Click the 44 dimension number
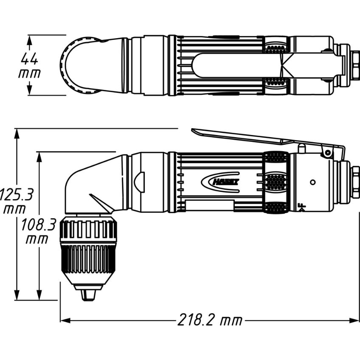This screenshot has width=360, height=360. pyautogui.click(x=29, y=59)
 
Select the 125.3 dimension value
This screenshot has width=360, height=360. pyautogui.click(x=16, y=194)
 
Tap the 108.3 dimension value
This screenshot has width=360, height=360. pyautogui.click(x=39, y=225)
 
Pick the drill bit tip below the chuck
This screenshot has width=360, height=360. pyautogui.click(x=89, y=295)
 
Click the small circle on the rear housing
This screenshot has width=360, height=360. pyautogui.click(x=312, y=182)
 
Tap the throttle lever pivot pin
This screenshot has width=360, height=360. pyautogui.click(x=329, y=153)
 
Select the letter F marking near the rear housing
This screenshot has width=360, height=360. pyautogui.click(x=303, y=207)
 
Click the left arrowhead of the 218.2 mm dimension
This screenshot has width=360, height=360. pyautogui.click(x=65, y=320)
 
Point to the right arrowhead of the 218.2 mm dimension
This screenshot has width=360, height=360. pyautogui.click(x=354, y=320)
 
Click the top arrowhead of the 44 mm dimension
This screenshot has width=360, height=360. pyautogui.click(x=29, y=40)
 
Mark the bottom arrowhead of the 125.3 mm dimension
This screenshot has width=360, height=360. pyautogui.click(x=17, y=295)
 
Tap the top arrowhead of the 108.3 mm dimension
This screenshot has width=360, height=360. pyautogui.click(x=39, y=157)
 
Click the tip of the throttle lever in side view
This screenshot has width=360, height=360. pyautogui.click(x=192, y=130)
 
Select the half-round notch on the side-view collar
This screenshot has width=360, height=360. pyautogui.click(x=139, y=182)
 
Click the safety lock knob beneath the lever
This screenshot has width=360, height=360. pyautogui.click(x=302, y=148)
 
